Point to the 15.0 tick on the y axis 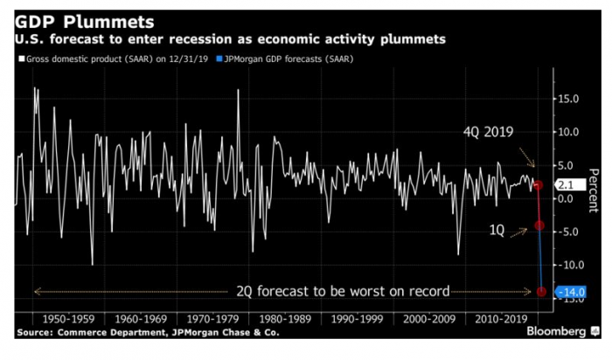pos(567,99)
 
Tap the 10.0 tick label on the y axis pos(567,132)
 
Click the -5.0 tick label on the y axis pos(567,232)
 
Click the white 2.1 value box pos(564,185)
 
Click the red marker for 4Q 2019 pos(539,185)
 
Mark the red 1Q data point pos(540,225)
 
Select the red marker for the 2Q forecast pos(542,292)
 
